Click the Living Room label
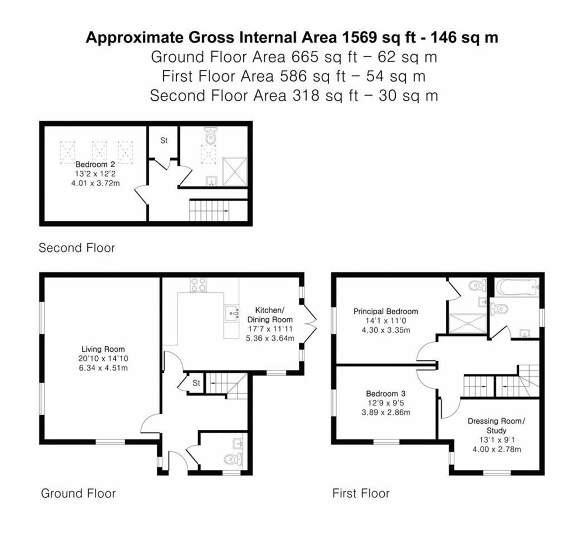[x=103, y=349]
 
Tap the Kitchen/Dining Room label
[x=270, y=314]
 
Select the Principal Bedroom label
[x=385, y=312]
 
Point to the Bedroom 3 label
[x=385, y=394]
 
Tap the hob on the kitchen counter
[x=200, y=285]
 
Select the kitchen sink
[x=231, y=313]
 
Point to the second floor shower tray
[x=234, y=171]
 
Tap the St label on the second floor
[x=163, y=141]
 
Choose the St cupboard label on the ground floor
[x=196, y=383]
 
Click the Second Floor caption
[x=76, y=248]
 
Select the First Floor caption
[x=360, y=493]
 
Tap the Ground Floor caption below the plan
[x=78, y=493]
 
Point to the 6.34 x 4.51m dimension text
[x=103, y=367]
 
